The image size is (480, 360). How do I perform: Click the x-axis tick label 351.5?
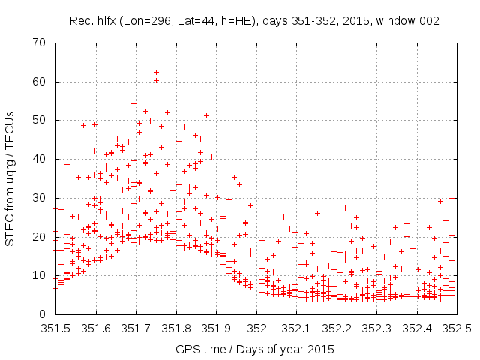tap(55, 328)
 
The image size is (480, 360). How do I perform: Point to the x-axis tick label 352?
tap(257, 328)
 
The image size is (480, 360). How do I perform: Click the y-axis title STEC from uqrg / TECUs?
tap(10, 178)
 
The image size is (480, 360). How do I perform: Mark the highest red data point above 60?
tap(156, 72)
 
